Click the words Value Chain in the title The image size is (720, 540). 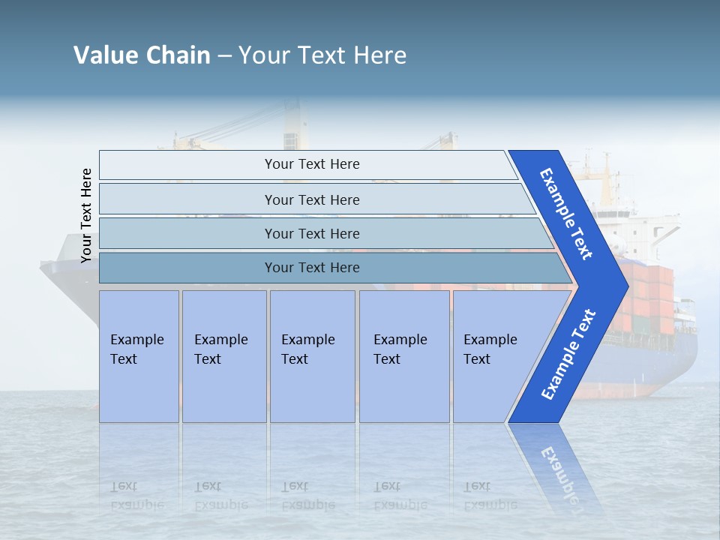142,55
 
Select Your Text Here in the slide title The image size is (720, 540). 322,55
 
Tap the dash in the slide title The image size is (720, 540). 224,56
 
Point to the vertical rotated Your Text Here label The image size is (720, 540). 86,215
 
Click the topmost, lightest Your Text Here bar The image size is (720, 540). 311,164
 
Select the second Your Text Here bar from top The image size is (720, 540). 311,199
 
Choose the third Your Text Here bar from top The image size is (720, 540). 311,233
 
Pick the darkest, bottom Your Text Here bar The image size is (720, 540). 311,268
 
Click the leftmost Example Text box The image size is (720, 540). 139,356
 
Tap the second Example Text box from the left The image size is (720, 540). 223,356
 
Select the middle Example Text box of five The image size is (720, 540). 312,356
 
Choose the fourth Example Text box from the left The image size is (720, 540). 403,356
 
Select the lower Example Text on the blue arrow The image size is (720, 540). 568,355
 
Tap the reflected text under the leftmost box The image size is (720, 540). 136,496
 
